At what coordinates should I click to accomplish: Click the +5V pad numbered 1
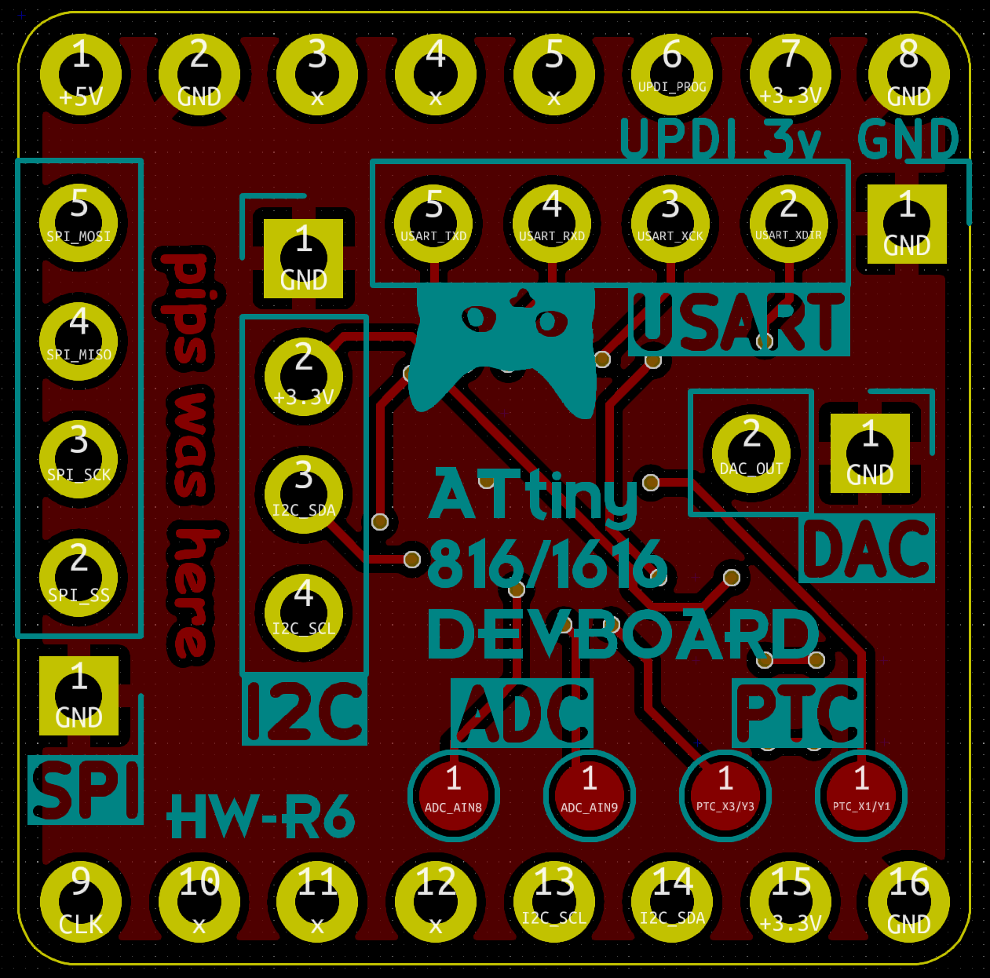(x=81, y=75)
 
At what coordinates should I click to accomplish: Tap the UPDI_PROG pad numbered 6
(x=672, y=75)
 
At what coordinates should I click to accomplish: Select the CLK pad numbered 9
(x=81, y=902)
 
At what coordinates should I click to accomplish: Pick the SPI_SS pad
(x=79, y=578)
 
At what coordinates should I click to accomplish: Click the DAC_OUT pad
(x=751, y=453)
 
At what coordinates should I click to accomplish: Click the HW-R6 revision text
(x=261, y=817)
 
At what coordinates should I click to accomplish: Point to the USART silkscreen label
(x=739, y=323)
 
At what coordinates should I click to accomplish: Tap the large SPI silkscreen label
(x=86, y=790)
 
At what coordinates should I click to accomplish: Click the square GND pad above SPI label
(x=79, y=695)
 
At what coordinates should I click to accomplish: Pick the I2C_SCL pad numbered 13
(x=554, y=902)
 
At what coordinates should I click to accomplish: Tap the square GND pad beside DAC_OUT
(x=870, y=453)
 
